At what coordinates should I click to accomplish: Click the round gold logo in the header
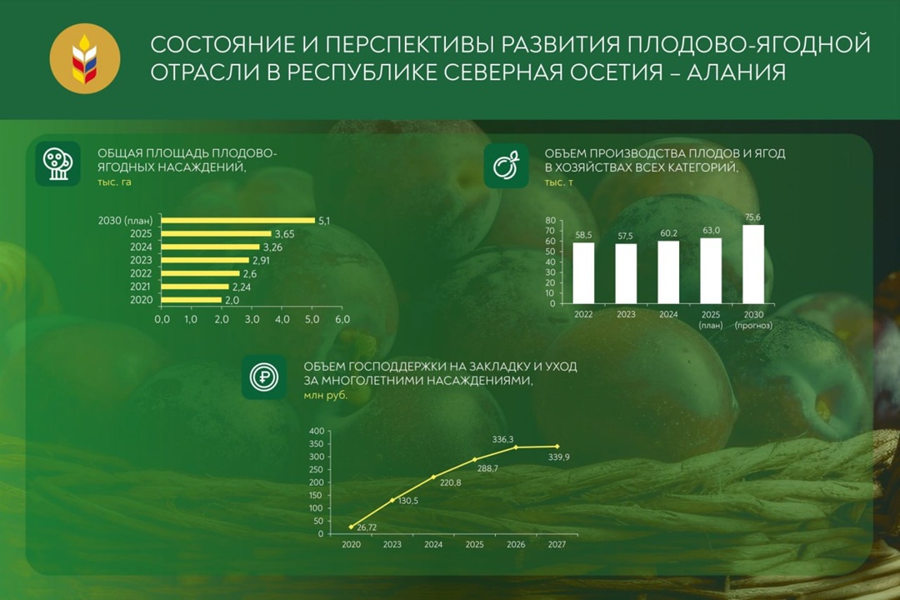click(x=84, y=58)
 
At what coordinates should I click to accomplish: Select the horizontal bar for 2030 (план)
click(x=237, y=220)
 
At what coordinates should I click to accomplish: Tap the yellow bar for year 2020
click(x=192, y=300)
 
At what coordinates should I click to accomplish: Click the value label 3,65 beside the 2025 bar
click(x=286, y=234)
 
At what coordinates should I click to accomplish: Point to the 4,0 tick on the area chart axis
click(x=282, y=319)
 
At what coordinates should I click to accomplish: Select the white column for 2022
click(x=583, y=272)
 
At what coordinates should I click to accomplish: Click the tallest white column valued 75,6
click(x=753, y=264)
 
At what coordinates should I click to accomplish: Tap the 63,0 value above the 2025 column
click(x=711, y=230)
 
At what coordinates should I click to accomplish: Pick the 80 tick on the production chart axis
click(x=550, y=221)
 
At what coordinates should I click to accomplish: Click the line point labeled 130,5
click(x=392, y=500)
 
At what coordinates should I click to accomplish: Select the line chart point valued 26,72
click(x=352, y=527)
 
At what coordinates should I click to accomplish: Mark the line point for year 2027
click(x=557, y=447)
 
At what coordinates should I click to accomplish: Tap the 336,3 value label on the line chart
click(x=502, y=438)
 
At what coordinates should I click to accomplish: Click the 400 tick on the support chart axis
click(x=316, y=431)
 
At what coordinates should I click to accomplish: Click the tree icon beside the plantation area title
click(x=57, y=163)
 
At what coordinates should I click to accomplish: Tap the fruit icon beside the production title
click(x=506, y=165)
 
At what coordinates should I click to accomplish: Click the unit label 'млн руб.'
click(x=326, y=396)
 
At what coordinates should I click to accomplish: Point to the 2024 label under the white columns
click(x=668, y=315)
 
